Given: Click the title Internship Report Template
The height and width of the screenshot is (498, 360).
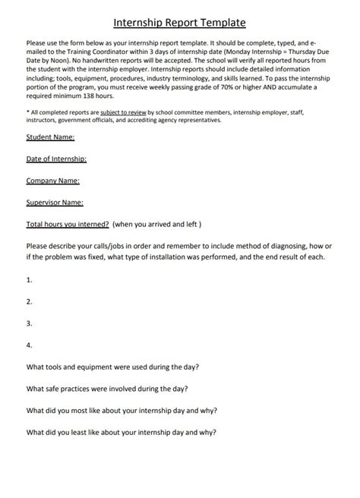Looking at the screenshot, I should click(x=179, y=24).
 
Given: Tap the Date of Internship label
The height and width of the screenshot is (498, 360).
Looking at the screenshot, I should click(x=56, y=159).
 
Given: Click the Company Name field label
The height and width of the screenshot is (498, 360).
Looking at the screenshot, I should click(x=52, y=181).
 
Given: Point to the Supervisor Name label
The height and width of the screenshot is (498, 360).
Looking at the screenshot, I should click(x=55, y=203).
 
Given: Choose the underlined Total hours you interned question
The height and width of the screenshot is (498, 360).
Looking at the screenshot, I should click(x=68, y=225).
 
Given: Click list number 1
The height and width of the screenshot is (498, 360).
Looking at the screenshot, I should click(x=29, y=279).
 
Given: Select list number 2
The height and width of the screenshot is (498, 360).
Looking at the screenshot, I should click(x=29, y=301).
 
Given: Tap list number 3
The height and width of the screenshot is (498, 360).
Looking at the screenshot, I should click(x=29, y=323).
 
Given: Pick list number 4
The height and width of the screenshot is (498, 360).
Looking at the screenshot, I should click(x=29, y=345).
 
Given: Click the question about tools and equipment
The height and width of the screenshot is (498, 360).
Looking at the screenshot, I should click(x=112, y=367).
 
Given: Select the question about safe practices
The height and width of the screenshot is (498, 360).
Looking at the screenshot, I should click(x=107, y=389).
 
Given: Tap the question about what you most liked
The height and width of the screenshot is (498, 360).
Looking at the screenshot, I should click(x=122, y=411).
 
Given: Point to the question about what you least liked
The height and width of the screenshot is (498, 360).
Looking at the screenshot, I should click(x=121, y=433).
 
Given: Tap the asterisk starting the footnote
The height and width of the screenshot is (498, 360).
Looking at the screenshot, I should click(x=27, y=111).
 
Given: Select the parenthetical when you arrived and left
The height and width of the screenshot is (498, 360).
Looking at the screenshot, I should click(x=157, y=225).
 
